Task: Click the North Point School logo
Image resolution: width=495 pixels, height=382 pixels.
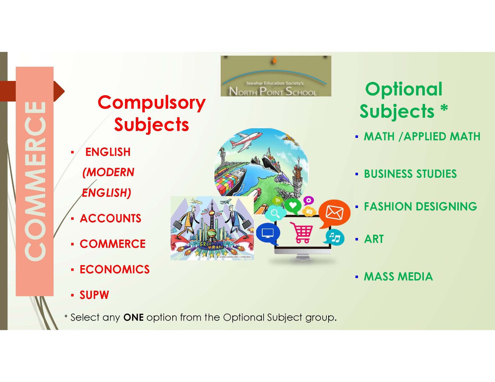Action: click(276, 76)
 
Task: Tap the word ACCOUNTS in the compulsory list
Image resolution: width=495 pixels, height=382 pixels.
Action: click(110, 219)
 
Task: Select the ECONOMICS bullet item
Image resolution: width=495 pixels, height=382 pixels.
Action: click(114, 270)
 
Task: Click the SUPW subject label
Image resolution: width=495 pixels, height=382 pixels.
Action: click(94, 295)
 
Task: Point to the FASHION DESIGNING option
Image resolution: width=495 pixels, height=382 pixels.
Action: click(420, 206)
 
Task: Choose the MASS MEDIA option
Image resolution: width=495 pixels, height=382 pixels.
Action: click(398, 277)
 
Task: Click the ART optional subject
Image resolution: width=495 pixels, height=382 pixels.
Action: click(374, 239)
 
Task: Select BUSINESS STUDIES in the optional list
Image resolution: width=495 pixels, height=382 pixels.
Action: click(410, 174)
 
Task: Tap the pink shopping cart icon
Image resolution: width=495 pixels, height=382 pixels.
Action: click(301, 232)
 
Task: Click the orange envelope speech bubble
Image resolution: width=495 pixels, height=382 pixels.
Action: click(334, 214)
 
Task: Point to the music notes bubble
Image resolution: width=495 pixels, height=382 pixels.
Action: click(334, 237)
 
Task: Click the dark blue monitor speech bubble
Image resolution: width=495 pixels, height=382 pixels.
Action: click(268, 234)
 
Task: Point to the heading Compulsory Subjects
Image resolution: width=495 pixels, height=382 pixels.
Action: click(152, 113)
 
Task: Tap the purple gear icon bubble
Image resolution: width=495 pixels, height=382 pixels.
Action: click(309, 201)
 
